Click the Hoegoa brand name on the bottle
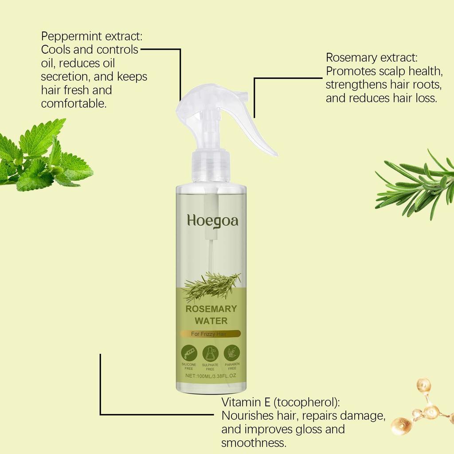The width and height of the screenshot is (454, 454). tap(212, 220)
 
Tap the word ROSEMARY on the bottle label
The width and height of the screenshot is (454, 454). tap(211, 309)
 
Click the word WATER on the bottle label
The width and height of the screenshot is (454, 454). tap(211, 320)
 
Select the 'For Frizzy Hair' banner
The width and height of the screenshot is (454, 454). tap(211, 334)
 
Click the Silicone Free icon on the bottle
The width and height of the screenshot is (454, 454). tap(189, 353)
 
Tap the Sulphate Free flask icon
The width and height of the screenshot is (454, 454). tap(210, 353)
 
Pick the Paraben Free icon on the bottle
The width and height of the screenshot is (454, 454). tap(232, 353)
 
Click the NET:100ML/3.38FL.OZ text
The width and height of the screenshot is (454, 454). tap(211, 376)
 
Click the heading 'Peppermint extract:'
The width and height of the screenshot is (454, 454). tap(92, 36)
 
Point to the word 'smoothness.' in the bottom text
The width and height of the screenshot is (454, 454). tap(254, 442)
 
